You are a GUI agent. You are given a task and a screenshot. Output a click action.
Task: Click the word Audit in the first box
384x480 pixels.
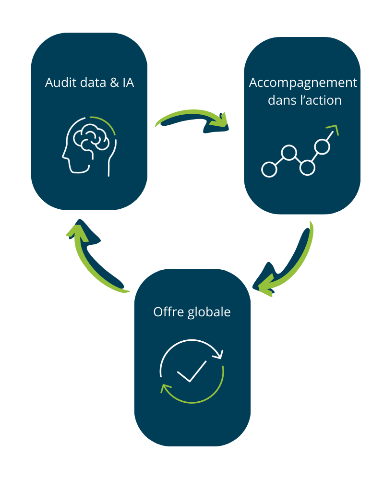click(58, 83)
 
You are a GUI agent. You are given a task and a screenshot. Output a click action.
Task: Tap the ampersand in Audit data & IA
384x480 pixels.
click(115, 83)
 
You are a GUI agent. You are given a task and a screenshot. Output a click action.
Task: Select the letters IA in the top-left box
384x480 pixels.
click(128, 83)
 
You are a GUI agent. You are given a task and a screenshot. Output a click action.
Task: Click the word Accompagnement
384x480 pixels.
click(303, 83)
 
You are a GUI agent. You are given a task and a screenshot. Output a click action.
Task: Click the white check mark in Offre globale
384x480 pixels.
click(191, 371)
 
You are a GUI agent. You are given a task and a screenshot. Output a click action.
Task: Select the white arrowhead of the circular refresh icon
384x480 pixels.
click(220, 356)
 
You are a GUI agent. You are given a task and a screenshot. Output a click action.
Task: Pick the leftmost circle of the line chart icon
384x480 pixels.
click(269, 168)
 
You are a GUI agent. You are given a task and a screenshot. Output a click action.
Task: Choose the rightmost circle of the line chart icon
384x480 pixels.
click(322, 147)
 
